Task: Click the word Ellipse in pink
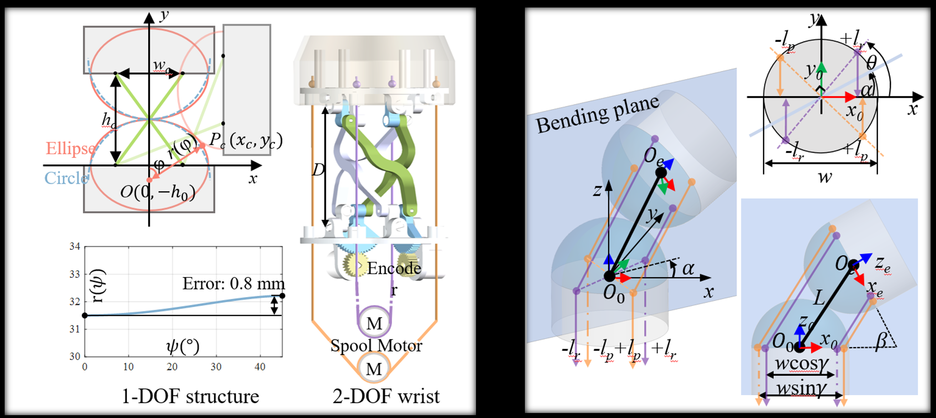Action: (x=70, y=149)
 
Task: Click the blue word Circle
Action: (x=66, y=178)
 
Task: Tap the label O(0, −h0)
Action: (x=158, y=192)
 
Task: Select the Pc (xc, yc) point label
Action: (x=246, y=140)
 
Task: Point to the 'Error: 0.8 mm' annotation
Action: (x=233, y=284)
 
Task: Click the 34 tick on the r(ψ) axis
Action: (x=75, y=247)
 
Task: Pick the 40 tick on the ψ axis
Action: (x=260, y=367)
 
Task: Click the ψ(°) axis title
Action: (x=183, y=347)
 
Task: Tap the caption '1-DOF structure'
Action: (x=190, y=396)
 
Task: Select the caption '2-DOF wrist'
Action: (x=386, y=396)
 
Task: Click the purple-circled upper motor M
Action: (x=374, y=323)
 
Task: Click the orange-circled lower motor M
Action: (x=374, y=368)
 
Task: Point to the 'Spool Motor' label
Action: (x=376, y=345)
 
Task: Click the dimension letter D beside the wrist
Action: (x=318, y=170)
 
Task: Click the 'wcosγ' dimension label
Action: (x=802, y=363)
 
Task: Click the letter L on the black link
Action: (x=819, y=299)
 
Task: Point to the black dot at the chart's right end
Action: (x=282, y=296)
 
